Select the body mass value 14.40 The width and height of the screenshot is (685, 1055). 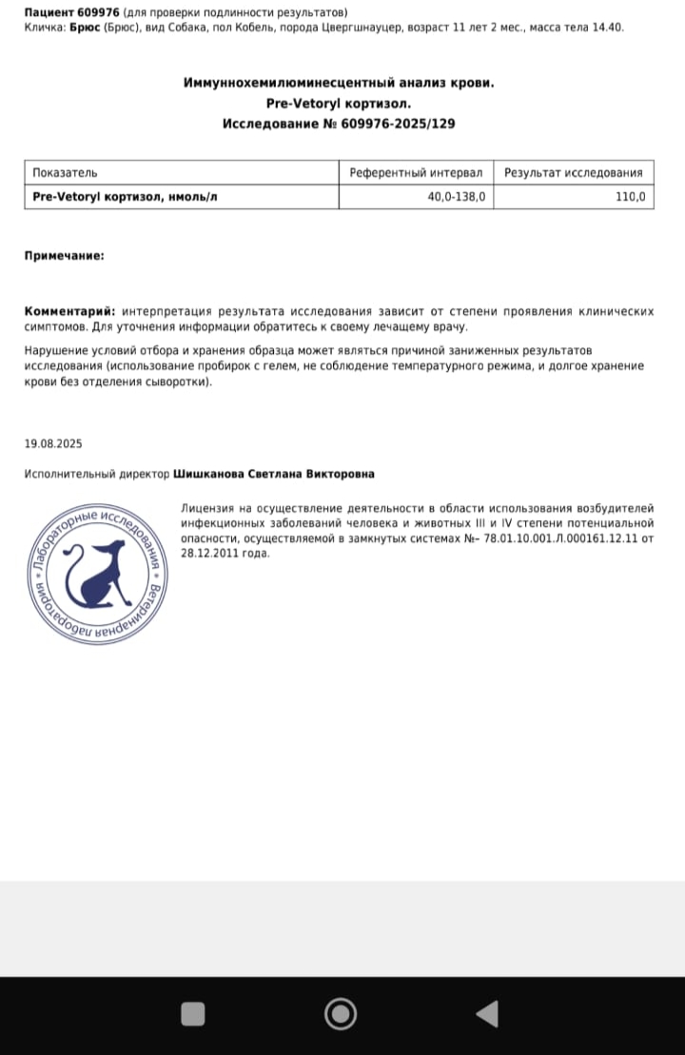606,28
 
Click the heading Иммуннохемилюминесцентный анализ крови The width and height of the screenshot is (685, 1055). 339,83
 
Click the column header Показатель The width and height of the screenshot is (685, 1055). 65,172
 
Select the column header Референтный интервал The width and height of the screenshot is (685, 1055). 416,172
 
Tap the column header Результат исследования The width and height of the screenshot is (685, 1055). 574,172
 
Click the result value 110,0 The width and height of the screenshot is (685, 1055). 629,197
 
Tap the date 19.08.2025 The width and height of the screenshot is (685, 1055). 53,443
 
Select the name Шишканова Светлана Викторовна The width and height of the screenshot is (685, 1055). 274,474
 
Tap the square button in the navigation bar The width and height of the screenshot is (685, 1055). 193,1014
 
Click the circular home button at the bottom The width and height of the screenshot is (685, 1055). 340,1014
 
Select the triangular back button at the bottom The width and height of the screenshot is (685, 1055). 487,1014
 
